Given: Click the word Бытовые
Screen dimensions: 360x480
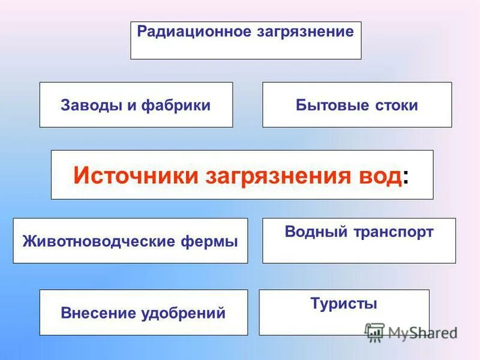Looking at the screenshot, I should [327, 106].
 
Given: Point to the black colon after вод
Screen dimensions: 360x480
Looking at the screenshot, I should [407, 178].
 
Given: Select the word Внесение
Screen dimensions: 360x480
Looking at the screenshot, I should [98, 313].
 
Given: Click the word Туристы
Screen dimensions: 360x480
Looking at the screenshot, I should [344, 304].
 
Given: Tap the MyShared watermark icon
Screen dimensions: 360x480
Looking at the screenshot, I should [374, 332].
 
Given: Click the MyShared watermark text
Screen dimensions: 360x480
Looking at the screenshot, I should [422, 332].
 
